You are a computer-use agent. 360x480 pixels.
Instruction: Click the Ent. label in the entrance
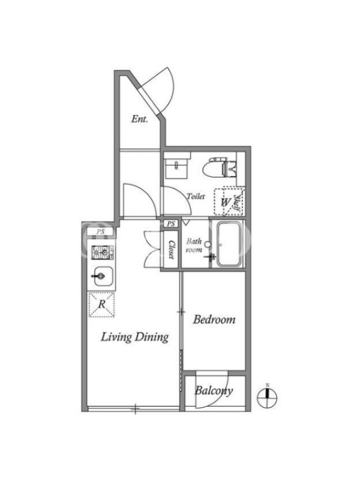click(x=139, y=119)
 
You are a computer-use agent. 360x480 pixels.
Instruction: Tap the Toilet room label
click(x=196, y=196)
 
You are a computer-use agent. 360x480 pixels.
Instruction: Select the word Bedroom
click(x=214, y=320)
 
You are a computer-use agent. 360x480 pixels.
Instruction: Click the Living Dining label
click(x=134, y=337)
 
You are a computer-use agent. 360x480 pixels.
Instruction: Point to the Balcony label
click(x=214, y=391)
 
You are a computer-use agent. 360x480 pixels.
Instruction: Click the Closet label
click(x=172, y=249)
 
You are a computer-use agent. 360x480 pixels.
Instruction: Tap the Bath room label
click(x=194, y=245)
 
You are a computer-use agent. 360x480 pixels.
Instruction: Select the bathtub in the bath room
click(x=229, y=244)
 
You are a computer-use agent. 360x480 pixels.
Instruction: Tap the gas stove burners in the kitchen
click(x=100, y=253)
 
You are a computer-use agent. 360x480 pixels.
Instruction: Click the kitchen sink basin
click(x=103, y=277)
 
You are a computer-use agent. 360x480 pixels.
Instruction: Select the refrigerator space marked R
click(x=101, y=305)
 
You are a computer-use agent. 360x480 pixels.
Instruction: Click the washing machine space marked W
click(x=226, y=202)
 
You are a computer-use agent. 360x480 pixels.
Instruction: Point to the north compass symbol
click(x=267, y=398)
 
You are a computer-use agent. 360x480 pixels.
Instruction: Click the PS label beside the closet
click(x=171, y=224)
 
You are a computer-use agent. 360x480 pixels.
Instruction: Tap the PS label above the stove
click(x=101, y=232)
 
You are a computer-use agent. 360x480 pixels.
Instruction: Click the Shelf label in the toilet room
click(x=237, y=202)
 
